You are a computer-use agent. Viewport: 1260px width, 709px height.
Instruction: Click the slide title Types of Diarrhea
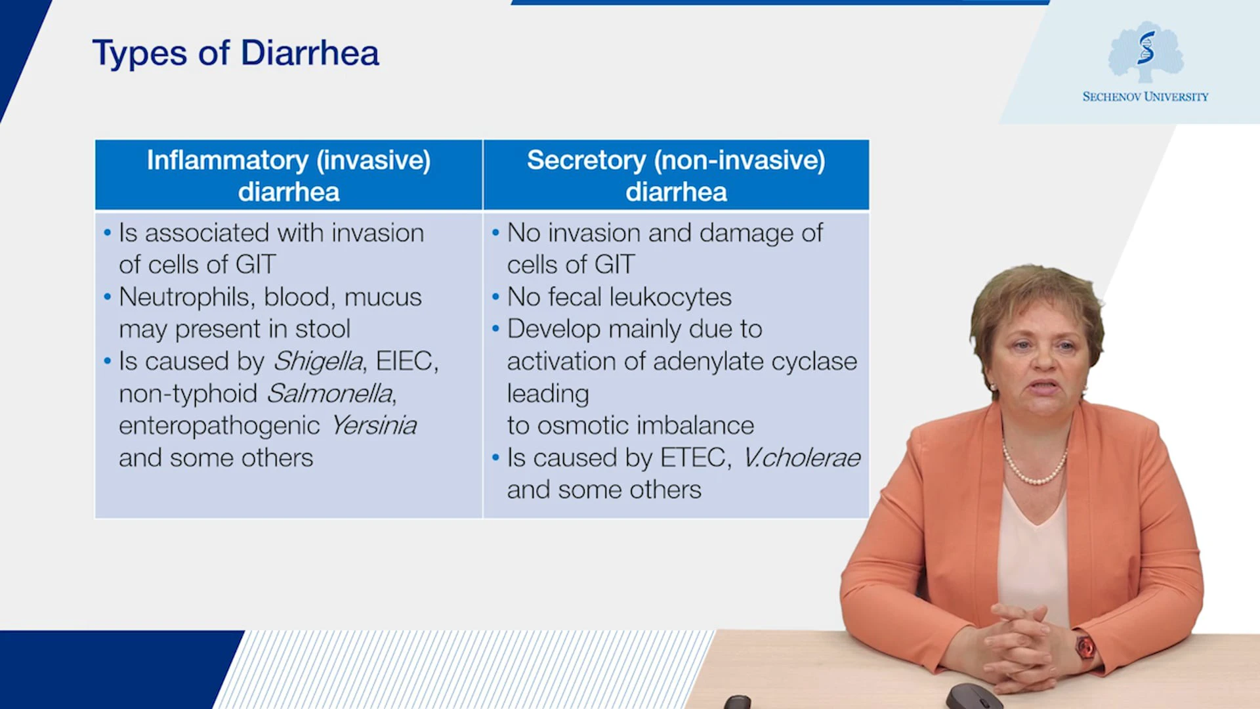point(236,53)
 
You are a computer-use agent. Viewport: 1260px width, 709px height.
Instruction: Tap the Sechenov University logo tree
point(1146,52)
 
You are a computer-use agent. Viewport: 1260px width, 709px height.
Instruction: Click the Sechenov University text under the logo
point(1145,97)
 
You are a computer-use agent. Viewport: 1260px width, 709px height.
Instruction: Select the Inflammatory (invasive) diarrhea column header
point(289,175)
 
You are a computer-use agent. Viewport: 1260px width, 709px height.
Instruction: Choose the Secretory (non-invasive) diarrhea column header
point(676,175)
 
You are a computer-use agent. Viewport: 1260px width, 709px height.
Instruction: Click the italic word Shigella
point(318,361)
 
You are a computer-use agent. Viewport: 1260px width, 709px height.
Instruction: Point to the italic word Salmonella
point(329,393)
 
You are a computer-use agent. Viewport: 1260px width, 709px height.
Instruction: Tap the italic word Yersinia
point(373,425)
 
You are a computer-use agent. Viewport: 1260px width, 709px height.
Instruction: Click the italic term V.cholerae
point(801,458)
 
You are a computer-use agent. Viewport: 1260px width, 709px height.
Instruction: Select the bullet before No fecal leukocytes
point(495,297)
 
